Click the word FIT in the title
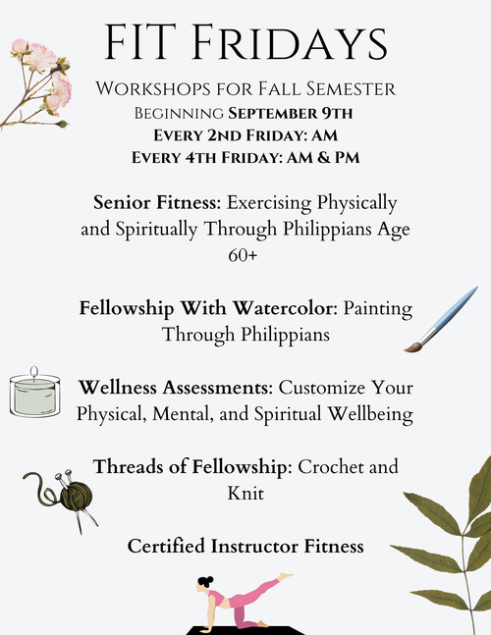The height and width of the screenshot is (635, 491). pos(140,42)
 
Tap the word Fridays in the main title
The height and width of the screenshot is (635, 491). pos(290,42)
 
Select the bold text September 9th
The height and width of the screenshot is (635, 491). pos(290,114)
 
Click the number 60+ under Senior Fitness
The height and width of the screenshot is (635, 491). pos(243,255)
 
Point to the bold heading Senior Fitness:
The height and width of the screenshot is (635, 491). pos(157,202)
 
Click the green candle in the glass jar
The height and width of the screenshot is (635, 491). pos(34,397)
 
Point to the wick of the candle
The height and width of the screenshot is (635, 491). pos(34,372)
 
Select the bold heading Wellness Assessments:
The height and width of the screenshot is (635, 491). pos(176,388)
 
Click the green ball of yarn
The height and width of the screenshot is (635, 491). pos(77,497)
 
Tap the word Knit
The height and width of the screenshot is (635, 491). pos(245,494)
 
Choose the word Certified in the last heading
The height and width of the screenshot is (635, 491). pos(166,546)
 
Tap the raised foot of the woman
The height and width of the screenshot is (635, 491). pos(286,576)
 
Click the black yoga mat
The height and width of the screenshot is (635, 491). pos(245,630)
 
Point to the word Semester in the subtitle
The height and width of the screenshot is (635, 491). pos(351,88)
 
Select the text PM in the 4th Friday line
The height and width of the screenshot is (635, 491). pos(348,158)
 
